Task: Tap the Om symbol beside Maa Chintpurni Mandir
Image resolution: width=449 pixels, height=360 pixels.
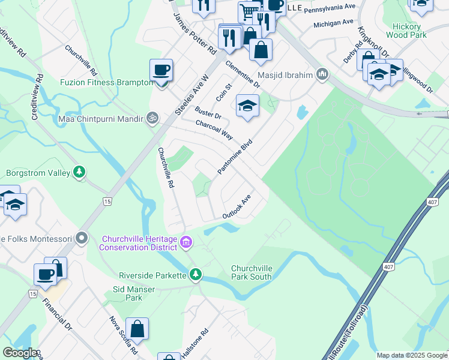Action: click(x=152, y=118)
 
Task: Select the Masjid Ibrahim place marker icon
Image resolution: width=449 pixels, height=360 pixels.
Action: click(x=323, y=74)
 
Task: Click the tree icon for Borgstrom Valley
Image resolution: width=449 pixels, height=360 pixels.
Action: click(x=79, y=173)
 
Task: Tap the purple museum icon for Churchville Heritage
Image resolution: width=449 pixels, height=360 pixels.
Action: click(x=186, y=242)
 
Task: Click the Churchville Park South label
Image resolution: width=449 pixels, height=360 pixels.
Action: click(x=252, y=272)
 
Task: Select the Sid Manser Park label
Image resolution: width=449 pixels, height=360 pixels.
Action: click(x=134, y=293)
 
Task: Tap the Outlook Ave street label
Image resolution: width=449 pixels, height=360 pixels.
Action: click(x=236, y=207)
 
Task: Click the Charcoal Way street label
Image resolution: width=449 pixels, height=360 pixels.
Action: click(x=214, y=130)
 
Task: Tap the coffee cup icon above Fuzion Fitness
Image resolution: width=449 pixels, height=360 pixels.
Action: click(x=161, y=70)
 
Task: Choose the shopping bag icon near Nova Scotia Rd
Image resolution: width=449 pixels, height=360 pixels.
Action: click(x=137, y=329)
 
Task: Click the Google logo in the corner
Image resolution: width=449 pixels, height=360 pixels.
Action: click(x=20, y=353)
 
